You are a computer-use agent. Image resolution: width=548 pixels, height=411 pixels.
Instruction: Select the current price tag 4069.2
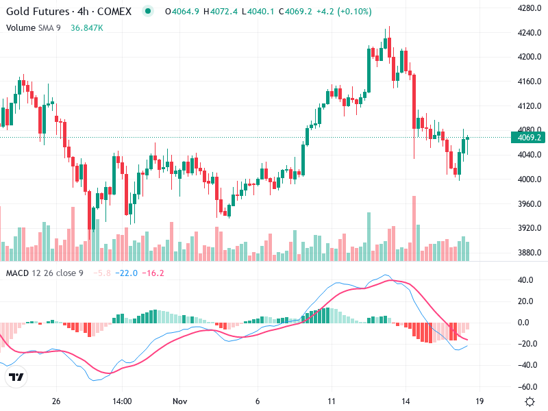530,138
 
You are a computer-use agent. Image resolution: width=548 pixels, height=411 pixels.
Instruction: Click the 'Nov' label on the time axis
180,401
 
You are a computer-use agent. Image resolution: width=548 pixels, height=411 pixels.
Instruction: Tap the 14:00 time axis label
122,401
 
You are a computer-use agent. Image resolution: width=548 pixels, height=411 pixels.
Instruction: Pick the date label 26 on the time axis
56,401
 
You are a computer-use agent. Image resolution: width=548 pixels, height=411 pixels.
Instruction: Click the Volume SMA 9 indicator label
34,27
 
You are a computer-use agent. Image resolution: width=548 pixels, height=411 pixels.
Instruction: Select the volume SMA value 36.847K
87,27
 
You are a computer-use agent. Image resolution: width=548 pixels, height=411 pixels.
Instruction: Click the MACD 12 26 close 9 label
45,273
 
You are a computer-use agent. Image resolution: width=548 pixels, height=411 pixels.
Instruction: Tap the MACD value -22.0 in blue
126,273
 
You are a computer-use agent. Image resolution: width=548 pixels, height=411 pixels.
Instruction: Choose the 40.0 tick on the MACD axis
526,280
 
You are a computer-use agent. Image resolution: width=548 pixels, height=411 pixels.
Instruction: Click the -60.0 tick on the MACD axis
526,386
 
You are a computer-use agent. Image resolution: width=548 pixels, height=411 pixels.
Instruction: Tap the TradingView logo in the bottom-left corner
16,377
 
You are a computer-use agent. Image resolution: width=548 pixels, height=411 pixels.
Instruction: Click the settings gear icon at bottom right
530,401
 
